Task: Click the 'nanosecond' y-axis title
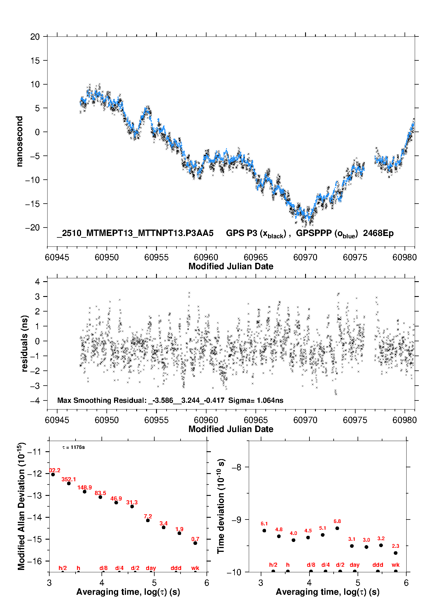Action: (x=20, y=141)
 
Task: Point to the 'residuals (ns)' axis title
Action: (x=24, y=343)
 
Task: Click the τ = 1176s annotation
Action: (x=73, y=447)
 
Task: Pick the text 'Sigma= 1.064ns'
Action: (x=256, y=400)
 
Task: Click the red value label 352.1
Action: (x=69, y=479)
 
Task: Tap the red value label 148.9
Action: (x=85, y=487)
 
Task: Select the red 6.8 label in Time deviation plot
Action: (x=337, y=521)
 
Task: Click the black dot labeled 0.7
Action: (x=195, y=543)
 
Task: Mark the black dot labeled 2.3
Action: (x=395, y=553)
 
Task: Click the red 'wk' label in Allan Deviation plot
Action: (x=195, y=568)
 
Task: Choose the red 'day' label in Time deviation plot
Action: (x=355, y=565)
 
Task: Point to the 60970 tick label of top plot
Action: (x=305, y=257)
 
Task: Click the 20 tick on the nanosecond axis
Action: (x=35, y=37)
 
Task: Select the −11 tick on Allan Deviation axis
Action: (x=34, y=452)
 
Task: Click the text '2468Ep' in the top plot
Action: (x=378, y=233)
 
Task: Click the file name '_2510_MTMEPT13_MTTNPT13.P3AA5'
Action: (x=135, y=233)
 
